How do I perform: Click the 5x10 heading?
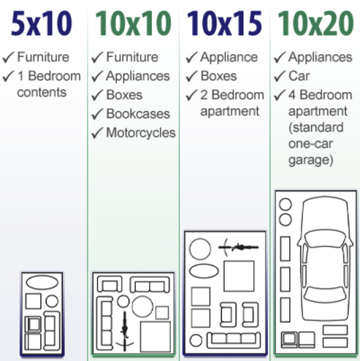[42, 23]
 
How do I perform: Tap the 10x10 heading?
[134, 23]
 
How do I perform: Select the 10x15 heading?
[224, 23]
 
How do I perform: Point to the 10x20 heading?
[315, 23]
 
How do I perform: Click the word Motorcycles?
[141, 133]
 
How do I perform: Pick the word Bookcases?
[138, 114]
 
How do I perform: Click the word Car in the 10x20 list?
[299, 76]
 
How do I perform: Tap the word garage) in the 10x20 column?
[311, 161]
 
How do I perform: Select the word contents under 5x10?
[42, 92]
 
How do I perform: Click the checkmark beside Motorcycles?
[97, 133]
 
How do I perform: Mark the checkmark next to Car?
[280, 76]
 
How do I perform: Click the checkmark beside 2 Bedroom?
[191, 95]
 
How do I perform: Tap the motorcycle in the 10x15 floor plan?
[239, 248]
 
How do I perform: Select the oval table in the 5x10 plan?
[42, 283]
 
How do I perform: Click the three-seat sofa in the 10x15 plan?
[234, 340]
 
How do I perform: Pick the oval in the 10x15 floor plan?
[204, 271]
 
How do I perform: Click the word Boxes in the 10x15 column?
[218, 76]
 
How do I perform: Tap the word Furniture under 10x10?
[132, 57]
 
